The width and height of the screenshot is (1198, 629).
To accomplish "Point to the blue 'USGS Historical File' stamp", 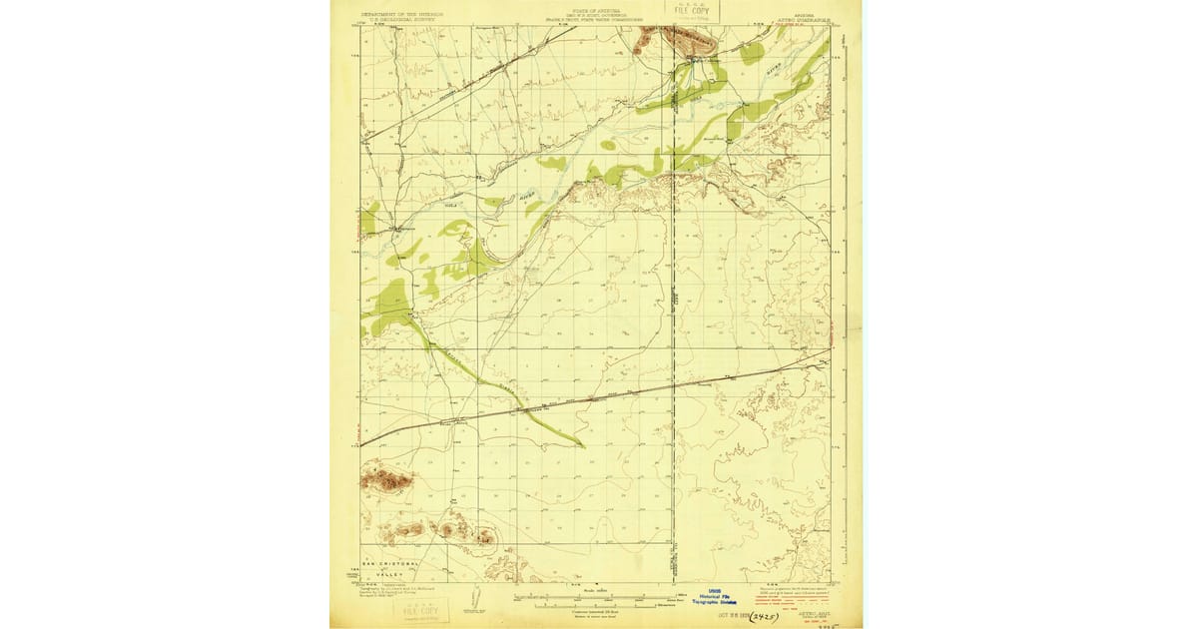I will click(715, 597).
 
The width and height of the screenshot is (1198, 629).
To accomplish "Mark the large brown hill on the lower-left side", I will click(386, 480).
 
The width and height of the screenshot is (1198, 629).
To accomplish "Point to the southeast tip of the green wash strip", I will click(580, 443).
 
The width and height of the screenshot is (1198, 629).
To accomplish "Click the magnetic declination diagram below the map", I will click(468, 606).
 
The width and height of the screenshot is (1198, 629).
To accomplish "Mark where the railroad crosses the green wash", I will click(521, 408).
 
